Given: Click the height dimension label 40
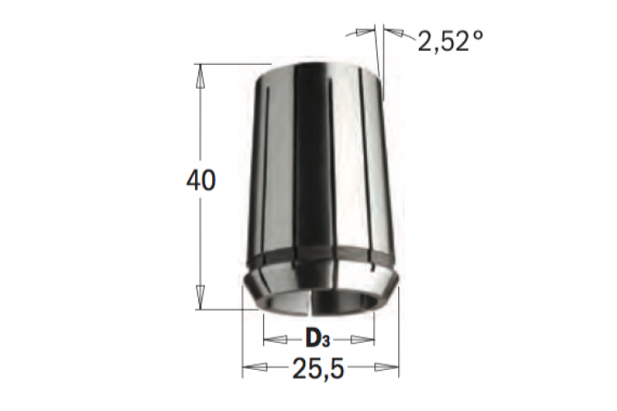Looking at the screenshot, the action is coord(201,182).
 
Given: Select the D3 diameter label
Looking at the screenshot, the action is coord(318,339).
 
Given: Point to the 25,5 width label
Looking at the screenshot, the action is coord(318,368).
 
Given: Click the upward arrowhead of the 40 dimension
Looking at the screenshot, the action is coord(201,76).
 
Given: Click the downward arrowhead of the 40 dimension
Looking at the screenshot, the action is coord(201,298).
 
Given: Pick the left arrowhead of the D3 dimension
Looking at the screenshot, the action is coord(276,339).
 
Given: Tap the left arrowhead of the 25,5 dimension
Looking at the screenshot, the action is coord(254,367).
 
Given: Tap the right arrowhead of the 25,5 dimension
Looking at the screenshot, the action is coord(387,367).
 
